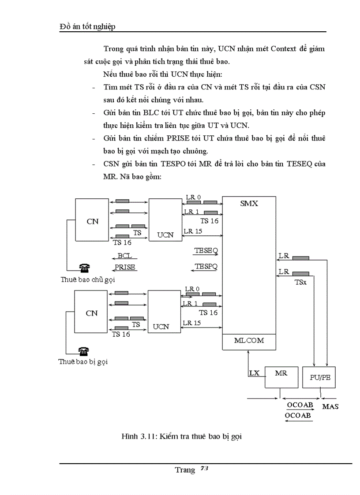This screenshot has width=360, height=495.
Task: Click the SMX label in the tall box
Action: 249,204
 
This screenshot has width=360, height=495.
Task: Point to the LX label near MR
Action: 254,373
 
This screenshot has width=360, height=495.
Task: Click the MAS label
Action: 330,406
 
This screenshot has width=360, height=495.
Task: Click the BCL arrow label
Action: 125,256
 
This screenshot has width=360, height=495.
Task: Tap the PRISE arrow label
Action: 125,267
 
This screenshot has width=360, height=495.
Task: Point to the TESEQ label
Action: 206,250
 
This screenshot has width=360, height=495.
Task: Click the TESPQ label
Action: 206,267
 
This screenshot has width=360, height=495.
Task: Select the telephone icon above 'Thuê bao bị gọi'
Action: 83,351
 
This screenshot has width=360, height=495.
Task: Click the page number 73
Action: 204,469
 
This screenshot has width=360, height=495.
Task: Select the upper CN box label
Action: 92,222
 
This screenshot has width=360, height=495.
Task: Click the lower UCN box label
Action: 161,327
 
